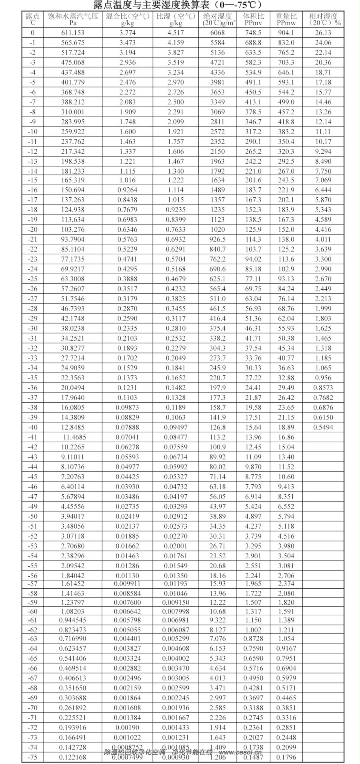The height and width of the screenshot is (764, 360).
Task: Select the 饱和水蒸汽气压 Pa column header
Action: (73, 19)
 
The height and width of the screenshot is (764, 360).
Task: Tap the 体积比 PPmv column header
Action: (253, 19)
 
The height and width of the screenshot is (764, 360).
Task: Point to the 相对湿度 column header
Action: (323, 19)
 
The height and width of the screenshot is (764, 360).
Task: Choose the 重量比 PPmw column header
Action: (286, 19)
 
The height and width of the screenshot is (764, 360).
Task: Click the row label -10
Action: (32, 132)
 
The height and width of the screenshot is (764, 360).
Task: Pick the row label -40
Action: (32, 427)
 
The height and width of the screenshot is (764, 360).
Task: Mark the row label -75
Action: (32, 757)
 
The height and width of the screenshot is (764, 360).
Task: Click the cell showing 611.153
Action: (73, 33)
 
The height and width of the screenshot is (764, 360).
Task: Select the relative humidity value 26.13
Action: (323, 33)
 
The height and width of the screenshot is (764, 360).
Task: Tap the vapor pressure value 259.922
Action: (73, 132)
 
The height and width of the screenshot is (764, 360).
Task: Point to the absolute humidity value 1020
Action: (218, 229)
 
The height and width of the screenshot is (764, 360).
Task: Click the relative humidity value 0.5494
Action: (323, 427)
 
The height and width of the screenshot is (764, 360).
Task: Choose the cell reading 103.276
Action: (73, 229)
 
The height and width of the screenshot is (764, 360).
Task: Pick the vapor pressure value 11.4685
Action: (74, 437)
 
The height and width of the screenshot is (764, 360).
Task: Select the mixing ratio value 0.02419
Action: (128, 516)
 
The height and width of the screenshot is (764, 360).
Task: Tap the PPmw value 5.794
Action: (286, 516)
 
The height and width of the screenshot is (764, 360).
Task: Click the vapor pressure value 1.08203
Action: (73, 611)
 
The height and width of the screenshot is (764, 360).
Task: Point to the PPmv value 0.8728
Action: (253, 639)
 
